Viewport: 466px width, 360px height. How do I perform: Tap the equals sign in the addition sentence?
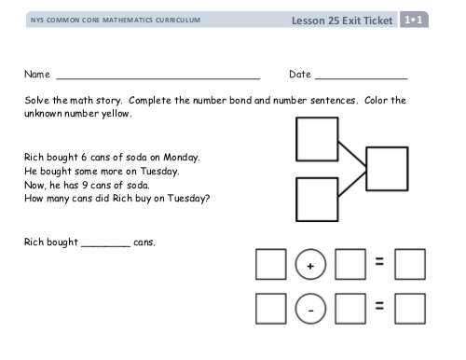click(379, 261)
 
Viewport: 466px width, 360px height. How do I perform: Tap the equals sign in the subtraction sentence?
click(379, 306)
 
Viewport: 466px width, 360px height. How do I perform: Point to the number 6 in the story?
click(84, 158)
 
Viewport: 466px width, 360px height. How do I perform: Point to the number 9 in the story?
click(85, 186)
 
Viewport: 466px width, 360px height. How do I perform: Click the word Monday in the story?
click(182, 158)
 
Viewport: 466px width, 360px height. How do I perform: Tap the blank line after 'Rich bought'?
click(105, 246)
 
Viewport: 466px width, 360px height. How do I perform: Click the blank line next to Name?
click(158, 79)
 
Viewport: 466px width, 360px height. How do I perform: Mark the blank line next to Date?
click(362, 79)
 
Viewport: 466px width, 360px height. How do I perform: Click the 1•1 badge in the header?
click(414, 20)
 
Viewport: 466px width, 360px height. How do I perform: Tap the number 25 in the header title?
click(334, 21)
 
